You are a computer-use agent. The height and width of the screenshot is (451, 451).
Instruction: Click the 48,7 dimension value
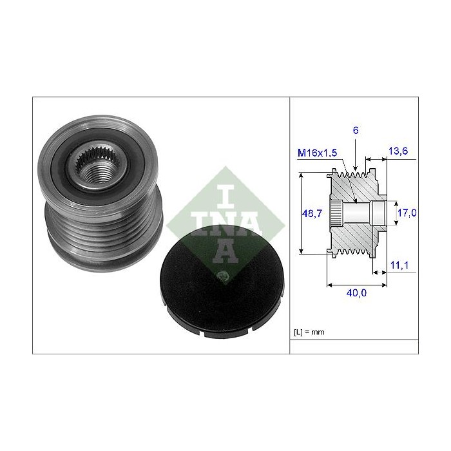pos(312,213)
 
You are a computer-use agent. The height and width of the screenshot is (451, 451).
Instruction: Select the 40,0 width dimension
pos(357,293)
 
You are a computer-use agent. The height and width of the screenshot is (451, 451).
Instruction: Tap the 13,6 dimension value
pos(398,151)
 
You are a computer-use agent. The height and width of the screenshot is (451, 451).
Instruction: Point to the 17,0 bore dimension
pos(407,213)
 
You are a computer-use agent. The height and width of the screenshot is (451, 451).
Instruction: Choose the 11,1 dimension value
pos(399,265)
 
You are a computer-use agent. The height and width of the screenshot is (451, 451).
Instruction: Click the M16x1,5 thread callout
pos(317,153)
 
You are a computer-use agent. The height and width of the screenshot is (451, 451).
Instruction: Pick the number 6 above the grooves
pos(356,131)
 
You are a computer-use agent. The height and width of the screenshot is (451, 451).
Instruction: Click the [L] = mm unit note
pos(309,332)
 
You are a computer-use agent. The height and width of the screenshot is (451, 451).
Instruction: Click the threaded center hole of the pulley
pos(95,173)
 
